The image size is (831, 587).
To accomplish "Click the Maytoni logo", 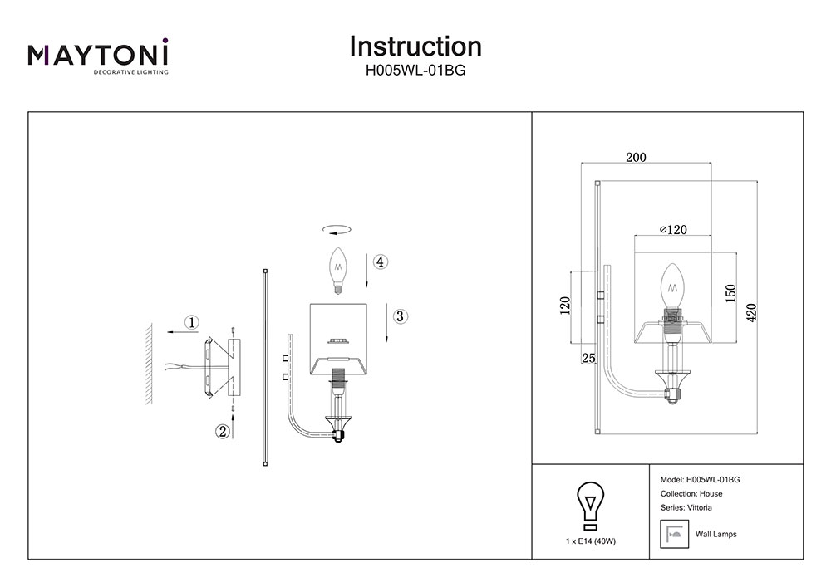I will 98,56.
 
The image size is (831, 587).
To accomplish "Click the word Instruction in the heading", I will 415,46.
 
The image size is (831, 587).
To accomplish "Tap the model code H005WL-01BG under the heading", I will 415,71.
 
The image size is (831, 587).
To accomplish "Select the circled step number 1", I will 192,322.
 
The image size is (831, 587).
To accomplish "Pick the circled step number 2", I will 222,431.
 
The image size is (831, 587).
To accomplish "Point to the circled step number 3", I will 400,316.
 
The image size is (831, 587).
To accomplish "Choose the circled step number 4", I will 379,262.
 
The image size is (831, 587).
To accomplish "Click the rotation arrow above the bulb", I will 337,230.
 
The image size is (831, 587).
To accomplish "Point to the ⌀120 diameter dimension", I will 672,229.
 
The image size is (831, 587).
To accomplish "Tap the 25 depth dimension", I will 589,358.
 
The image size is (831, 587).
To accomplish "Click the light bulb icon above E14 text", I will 590,505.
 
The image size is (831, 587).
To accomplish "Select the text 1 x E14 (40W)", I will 590,541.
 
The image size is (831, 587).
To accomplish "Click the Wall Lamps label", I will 715,534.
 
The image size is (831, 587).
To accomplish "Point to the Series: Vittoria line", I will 686,507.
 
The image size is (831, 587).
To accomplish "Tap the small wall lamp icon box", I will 673,533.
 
